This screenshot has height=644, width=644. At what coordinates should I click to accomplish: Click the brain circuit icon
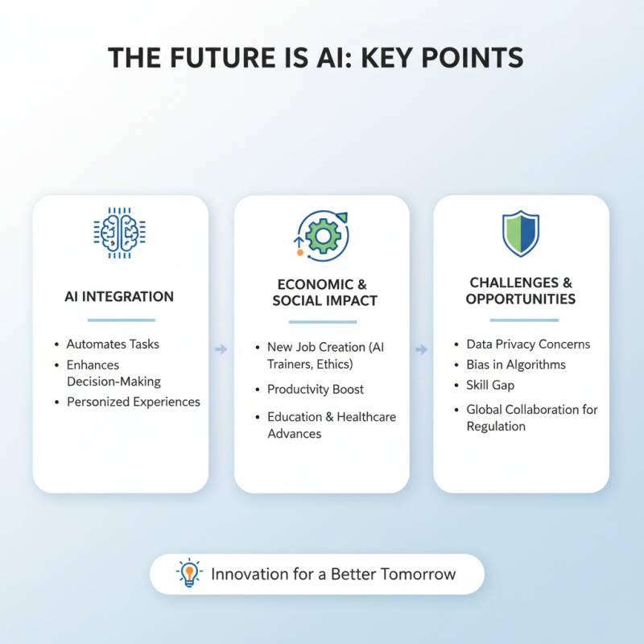tap(120, 233)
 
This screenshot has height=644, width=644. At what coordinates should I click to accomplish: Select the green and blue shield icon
tap(521, 233)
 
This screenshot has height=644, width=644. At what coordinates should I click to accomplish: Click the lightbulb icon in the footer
tap(188, 574)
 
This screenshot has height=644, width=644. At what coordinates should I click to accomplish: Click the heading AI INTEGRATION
tap(119, 296)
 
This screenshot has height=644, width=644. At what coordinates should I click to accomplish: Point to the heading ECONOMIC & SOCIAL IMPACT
tap(321, 292)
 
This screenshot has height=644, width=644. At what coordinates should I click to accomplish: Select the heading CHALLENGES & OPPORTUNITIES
tap(521, 291)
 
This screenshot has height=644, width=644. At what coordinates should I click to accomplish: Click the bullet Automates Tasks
tap(113, 344)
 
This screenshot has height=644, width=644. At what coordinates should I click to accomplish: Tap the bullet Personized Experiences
tap(133, 401)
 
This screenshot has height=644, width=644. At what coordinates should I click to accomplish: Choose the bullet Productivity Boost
tap(316, 389)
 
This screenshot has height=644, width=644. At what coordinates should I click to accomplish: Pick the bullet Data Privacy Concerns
tap(528, 344)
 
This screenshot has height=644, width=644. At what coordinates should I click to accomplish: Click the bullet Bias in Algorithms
tap(516, 365)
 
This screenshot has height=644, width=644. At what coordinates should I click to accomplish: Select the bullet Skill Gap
tap(490, 385)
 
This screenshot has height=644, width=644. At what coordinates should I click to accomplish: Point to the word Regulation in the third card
tap(496, 426)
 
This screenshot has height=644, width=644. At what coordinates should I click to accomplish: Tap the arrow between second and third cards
tap(421, 349)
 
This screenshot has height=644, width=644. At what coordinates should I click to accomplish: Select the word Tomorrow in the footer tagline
tap(418, 574)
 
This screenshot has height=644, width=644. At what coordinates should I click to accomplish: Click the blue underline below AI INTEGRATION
tap(120, 320)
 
